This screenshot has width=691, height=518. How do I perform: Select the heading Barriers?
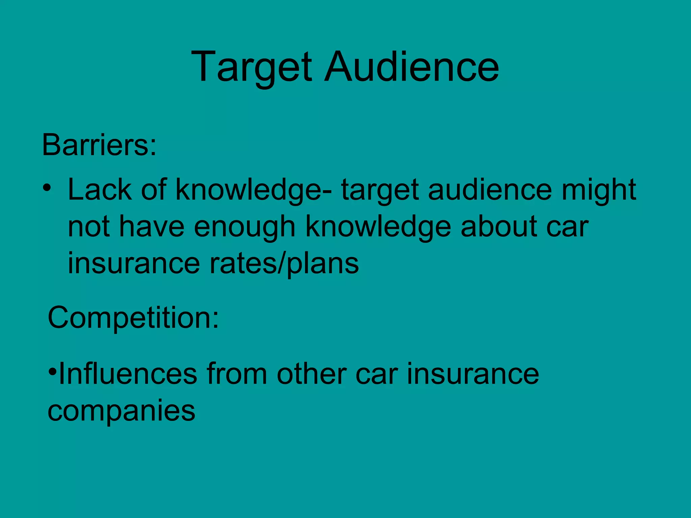[99, 145]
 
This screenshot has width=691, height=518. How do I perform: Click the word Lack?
[100, 190]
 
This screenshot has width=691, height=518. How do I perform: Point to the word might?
[599, 190]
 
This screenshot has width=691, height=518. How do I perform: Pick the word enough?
[245, 227]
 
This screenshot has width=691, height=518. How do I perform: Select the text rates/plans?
[284, 263]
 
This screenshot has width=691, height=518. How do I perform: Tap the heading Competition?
[133, 318]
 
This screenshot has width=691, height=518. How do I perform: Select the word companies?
[121, 411]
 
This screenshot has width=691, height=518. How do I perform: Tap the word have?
[152, 227]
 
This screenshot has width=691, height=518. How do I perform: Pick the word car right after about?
[567, 227]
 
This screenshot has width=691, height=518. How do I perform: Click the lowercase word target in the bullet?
[380, 190]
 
